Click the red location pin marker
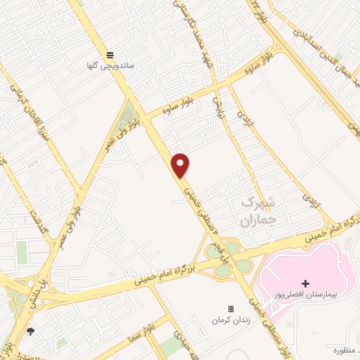point(181,165)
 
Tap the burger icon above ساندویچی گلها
point(110,54)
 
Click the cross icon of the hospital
point(305,283)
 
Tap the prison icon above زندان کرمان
point(230,309)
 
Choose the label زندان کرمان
point(230,320)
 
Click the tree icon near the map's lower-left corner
point(30,330)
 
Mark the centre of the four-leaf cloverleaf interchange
point(229,257)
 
